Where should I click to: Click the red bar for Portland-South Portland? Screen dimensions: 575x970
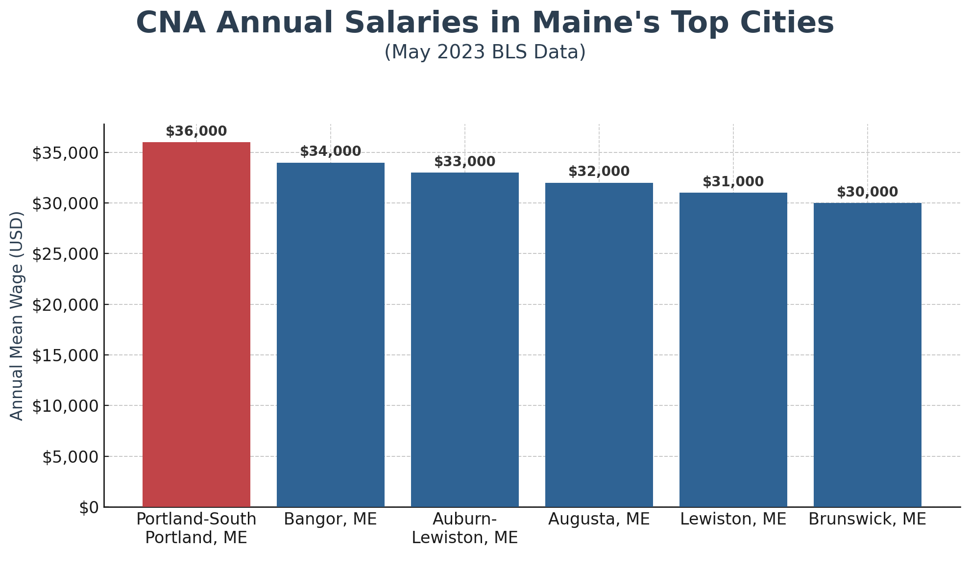196,324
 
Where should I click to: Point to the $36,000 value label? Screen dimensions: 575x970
196,131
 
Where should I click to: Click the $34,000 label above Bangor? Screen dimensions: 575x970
330,151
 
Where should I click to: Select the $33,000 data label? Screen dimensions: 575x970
464,162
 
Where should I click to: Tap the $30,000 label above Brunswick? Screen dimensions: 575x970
867,192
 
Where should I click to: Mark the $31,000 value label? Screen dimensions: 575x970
733,182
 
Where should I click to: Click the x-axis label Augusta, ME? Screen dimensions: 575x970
599,519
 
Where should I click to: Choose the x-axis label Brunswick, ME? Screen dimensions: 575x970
867,519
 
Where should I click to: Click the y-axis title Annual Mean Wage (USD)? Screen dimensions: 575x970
17,316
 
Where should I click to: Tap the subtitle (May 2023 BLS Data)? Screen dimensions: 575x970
485,52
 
